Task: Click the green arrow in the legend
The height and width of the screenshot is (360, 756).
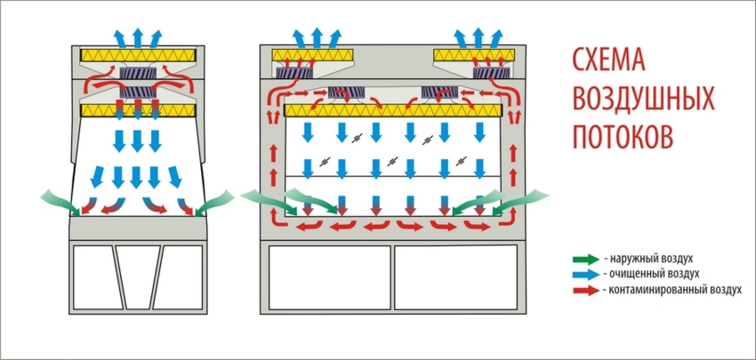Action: tap(584, 260)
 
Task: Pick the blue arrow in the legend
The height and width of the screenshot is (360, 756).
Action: tap(584, 275)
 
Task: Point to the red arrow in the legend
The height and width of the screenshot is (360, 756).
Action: tap(584, 290)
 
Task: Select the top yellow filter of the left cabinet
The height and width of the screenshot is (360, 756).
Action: tap(137, 54)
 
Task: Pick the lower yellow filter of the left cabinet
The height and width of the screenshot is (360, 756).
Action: tap(137, 110)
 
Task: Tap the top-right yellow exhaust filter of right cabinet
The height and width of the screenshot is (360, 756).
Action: tap(477, 56)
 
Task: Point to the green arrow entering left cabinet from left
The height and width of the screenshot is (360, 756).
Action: tap(58, 200)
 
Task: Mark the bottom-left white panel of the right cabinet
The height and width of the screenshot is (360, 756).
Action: tap(328, 277)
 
